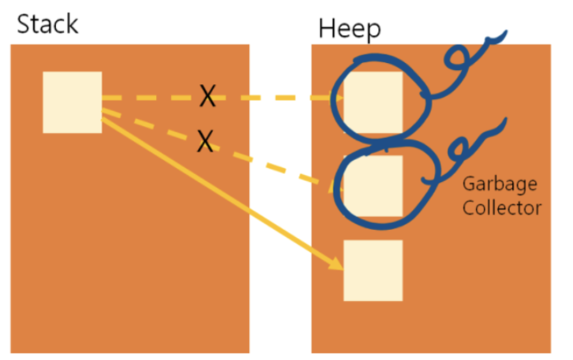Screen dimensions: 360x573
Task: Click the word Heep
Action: [349, 28]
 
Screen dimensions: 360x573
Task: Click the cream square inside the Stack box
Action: [72, 102]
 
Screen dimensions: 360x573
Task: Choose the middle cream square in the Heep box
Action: [373, 186]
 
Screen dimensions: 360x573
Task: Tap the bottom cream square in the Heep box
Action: [373, 270]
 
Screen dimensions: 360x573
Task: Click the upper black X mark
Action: [207, 97]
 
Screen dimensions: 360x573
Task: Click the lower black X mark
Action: [205, 141]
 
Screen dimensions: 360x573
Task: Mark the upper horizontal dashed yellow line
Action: [268, 98]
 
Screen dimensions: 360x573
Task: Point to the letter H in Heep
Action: [326, 28]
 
